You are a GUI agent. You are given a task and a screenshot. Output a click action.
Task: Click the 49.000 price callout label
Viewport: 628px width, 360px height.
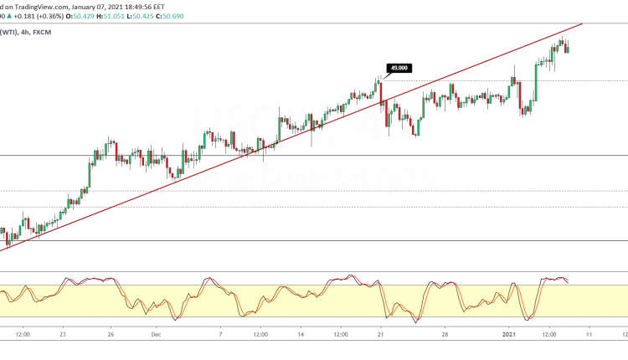(397, 68)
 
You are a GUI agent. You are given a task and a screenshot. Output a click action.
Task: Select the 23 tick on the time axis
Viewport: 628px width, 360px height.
(64, 333)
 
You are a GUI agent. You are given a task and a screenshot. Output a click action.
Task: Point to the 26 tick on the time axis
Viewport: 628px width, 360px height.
(110, 333)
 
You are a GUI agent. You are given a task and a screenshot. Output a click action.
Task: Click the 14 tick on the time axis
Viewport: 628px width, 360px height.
(299, 333)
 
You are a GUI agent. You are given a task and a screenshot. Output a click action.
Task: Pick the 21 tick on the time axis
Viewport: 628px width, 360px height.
(381, 333)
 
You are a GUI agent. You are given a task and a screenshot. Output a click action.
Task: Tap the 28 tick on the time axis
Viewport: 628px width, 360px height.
(445, 333)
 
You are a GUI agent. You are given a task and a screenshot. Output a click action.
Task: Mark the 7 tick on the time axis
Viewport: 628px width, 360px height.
(219, 333)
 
